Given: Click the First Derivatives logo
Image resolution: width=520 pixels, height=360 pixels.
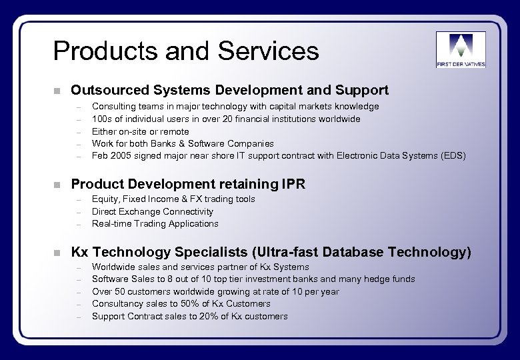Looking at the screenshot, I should tap(461, 49).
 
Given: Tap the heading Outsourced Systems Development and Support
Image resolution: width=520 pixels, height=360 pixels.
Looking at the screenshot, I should tap(229, 90).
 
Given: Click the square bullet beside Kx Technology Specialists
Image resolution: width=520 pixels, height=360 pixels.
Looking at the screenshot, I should tap(58, 253).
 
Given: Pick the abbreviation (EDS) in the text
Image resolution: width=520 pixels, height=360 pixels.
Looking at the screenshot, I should tap(453, 156).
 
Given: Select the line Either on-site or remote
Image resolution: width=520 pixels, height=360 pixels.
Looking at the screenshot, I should tap(140, 131).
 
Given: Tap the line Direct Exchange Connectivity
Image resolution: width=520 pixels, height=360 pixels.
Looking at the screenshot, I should tap(153, 211).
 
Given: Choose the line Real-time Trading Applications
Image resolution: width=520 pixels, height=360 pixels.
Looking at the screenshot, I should tap(155, 223).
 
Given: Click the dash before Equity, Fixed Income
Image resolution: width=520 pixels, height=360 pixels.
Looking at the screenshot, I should tap(78, 199).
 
